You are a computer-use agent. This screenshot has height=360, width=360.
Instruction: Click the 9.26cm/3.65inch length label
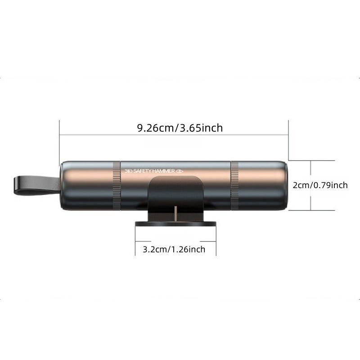(x=180, y=128)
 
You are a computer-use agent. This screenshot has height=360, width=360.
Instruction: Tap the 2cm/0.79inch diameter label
(x=320, y=185)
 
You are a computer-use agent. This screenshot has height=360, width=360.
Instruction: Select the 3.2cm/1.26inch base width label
(x=174, y=249)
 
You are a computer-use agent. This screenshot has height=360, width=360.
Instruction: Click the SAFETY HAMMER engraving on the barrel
(x=154, y=171)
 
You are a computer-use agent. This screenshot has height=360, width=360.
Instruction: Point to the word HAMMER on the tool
(x=163, y=171)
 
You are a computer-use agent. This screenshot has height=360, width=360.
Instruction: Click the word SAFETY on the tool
(x=142, y=171)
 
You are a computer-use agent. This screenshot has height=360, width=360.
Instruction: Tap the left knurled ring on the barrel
(x=117, y=185)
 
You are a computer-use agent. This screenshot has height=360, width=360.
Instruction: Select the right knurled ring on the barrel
(x=234, y=185)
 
